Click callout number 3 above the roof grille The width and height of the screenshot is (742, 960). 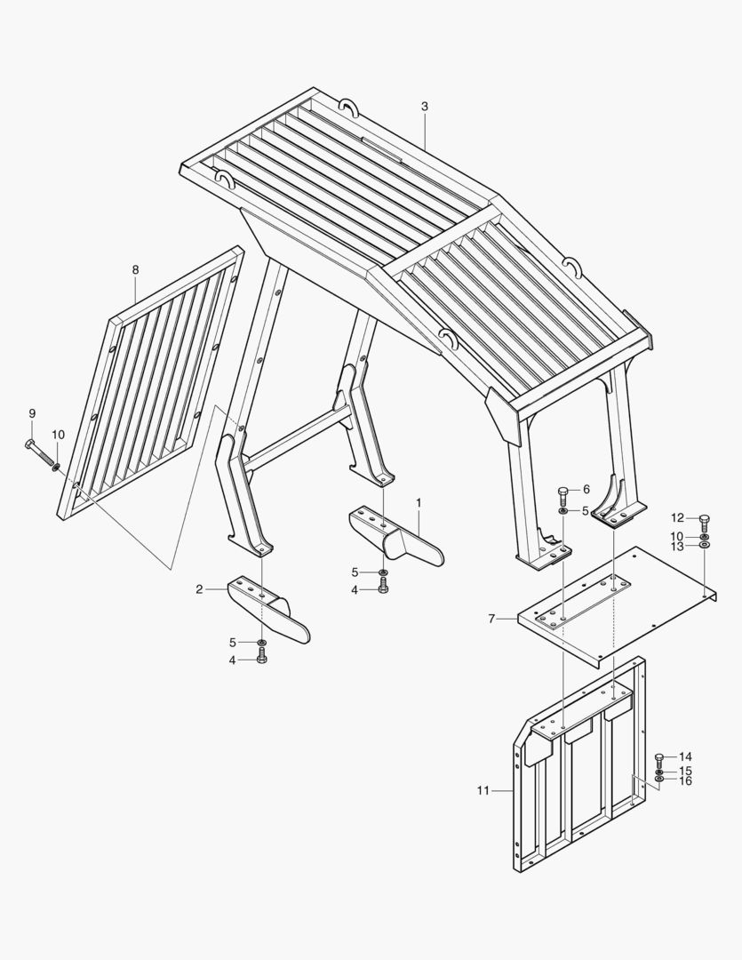(425, 107)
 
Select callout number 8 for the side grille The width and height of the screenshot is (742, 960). (135, 270)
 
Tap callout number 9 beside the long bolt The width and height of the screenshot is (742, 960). (33, 414)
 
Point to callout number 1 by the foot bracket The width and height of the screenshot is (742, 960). (419, 502)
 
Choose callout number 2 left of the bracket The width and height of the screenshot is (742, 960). (199, 589)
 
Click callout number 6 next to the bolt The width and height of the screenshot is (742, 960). (586, 489)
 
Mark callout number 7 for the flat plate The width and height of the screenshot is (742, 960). (491, 619)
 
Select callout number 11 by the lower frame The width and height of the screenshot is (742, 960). (483, 790)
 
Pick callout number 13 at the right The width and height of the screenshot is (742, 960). (676, 546)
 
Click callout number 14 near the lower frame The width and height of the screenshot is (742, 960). (685, 757)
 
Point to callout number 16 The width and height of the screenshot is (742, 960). (685, 781)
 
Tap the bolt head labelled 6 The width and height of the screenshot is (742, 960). (563, 492)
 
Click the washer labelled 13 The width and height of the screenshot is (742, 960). (705, 544)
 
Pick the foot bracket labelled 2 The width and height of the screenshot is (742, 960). (268, 609)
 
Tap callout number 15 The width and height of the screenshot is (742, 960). (685, 770)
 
